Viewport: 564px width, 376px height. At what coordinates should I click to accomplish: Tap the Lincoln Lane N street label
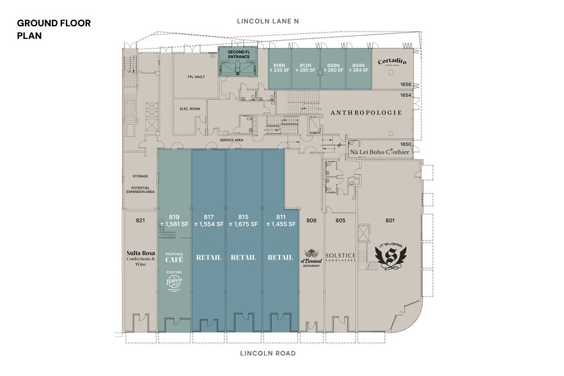click(268, 21)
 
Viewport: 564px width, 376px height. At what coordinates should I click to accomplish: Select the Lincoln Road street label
click(267, 353)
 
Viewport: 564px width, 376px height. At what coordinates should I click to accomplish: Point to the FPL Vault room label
click(196, 77)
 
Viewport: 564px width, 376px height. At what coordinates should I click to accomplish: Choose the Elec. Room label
click(191, 109)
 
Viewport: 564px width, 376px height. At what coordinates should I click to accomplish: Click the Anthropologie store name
click(366, 113)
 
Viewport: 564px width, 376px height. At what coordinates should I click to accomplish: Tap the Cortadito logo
click(392, 62)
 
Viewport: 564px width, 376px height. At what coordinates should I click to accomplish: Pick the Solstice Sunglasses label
click(340, 256)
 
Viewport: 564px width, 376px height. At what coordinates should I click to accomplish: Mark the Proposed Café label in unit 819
click(174, 258)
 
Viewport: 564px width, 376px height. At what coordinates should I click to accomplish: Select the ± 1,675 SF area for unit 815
click(243, 224)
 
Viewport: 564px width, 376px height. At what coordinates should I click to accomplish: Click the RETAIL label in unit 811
click(280, 258)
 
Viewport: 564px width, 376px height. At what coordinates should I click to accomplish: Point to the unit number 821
click(141, 221)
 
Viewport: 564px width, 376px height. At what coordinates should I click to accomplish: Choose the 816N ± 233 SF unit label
click(279, 67)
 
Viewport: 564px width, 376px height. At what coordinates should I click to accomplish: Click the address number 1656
click(405, 84)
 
